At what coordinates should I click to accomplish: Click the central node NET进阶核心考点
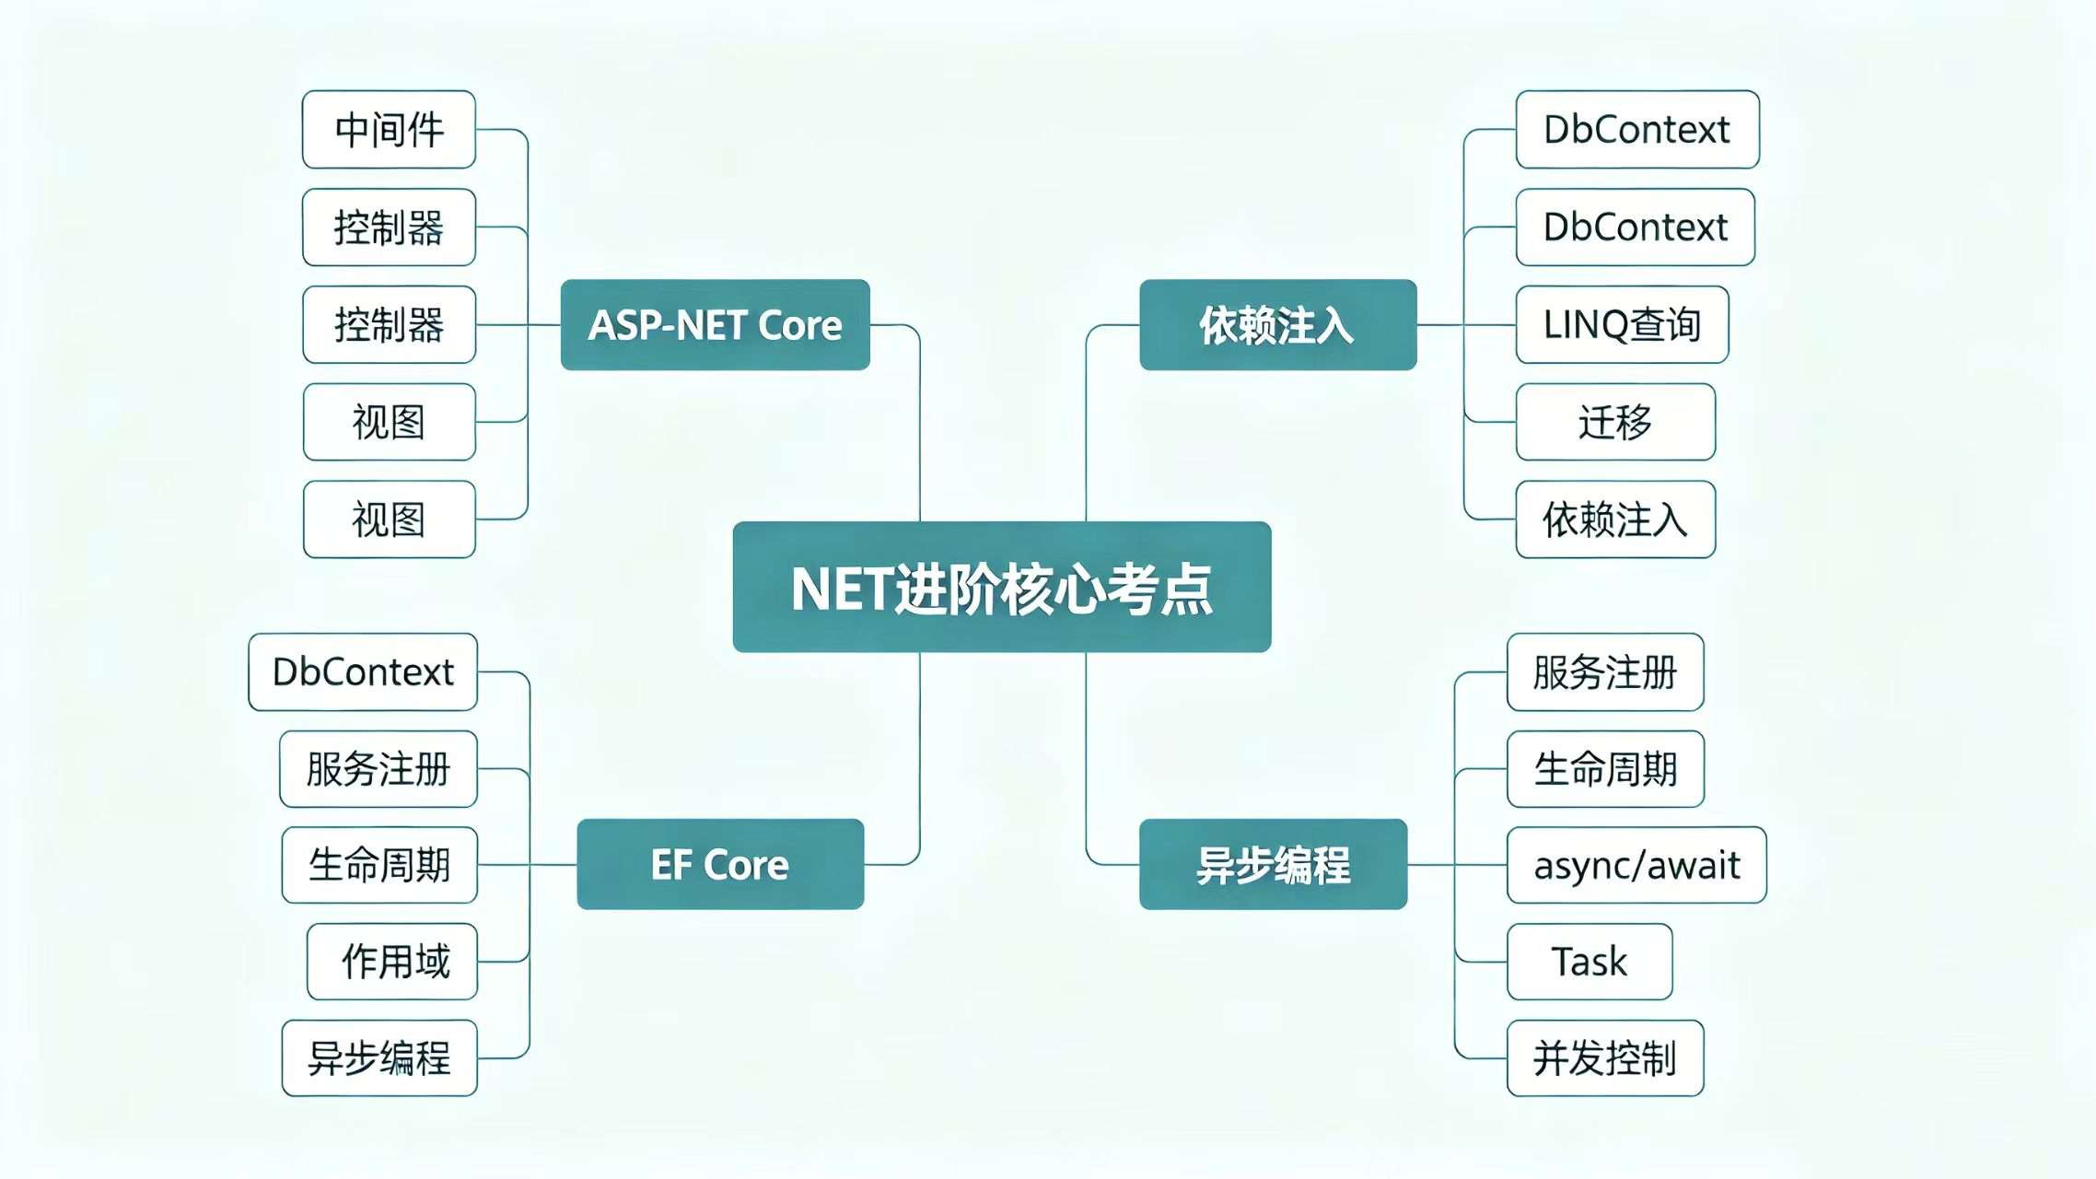pos(1002,588)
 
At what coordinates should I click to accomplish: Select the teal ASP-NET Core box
pos(715,325)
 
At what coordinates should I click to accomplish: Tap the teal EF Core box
pos(720,865)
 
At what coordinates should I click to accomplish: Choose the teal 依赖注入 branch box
pos(1277,325)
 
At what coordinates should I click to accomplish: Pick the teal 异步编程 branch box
pos(1273,865)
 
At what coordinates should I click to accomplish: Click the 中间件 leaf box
pos(389,130)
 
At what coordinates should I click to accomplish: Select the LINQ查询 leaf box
pos(1622,325)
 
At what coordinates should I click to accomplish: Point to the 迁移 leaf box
pos(1615,423)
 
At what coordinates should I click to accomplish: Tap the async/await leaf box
pos(1636,866)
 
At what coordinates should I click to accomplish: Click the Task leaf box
pos(1589,963)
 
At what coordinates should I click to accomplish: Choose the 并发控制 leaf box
pos(1605,1059)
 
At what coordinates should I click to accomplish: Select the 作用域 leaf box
pos(392,963)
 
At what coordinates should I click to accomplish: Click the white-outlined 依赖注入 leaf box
pos(1615,520)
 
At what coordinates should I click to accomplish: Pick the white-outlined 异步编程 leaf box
pos(379,1059)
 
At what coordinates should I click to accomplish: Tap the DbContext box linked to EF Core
pos(363,672)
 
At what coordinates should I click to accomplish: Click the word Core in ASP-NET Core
pos(799,325)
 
